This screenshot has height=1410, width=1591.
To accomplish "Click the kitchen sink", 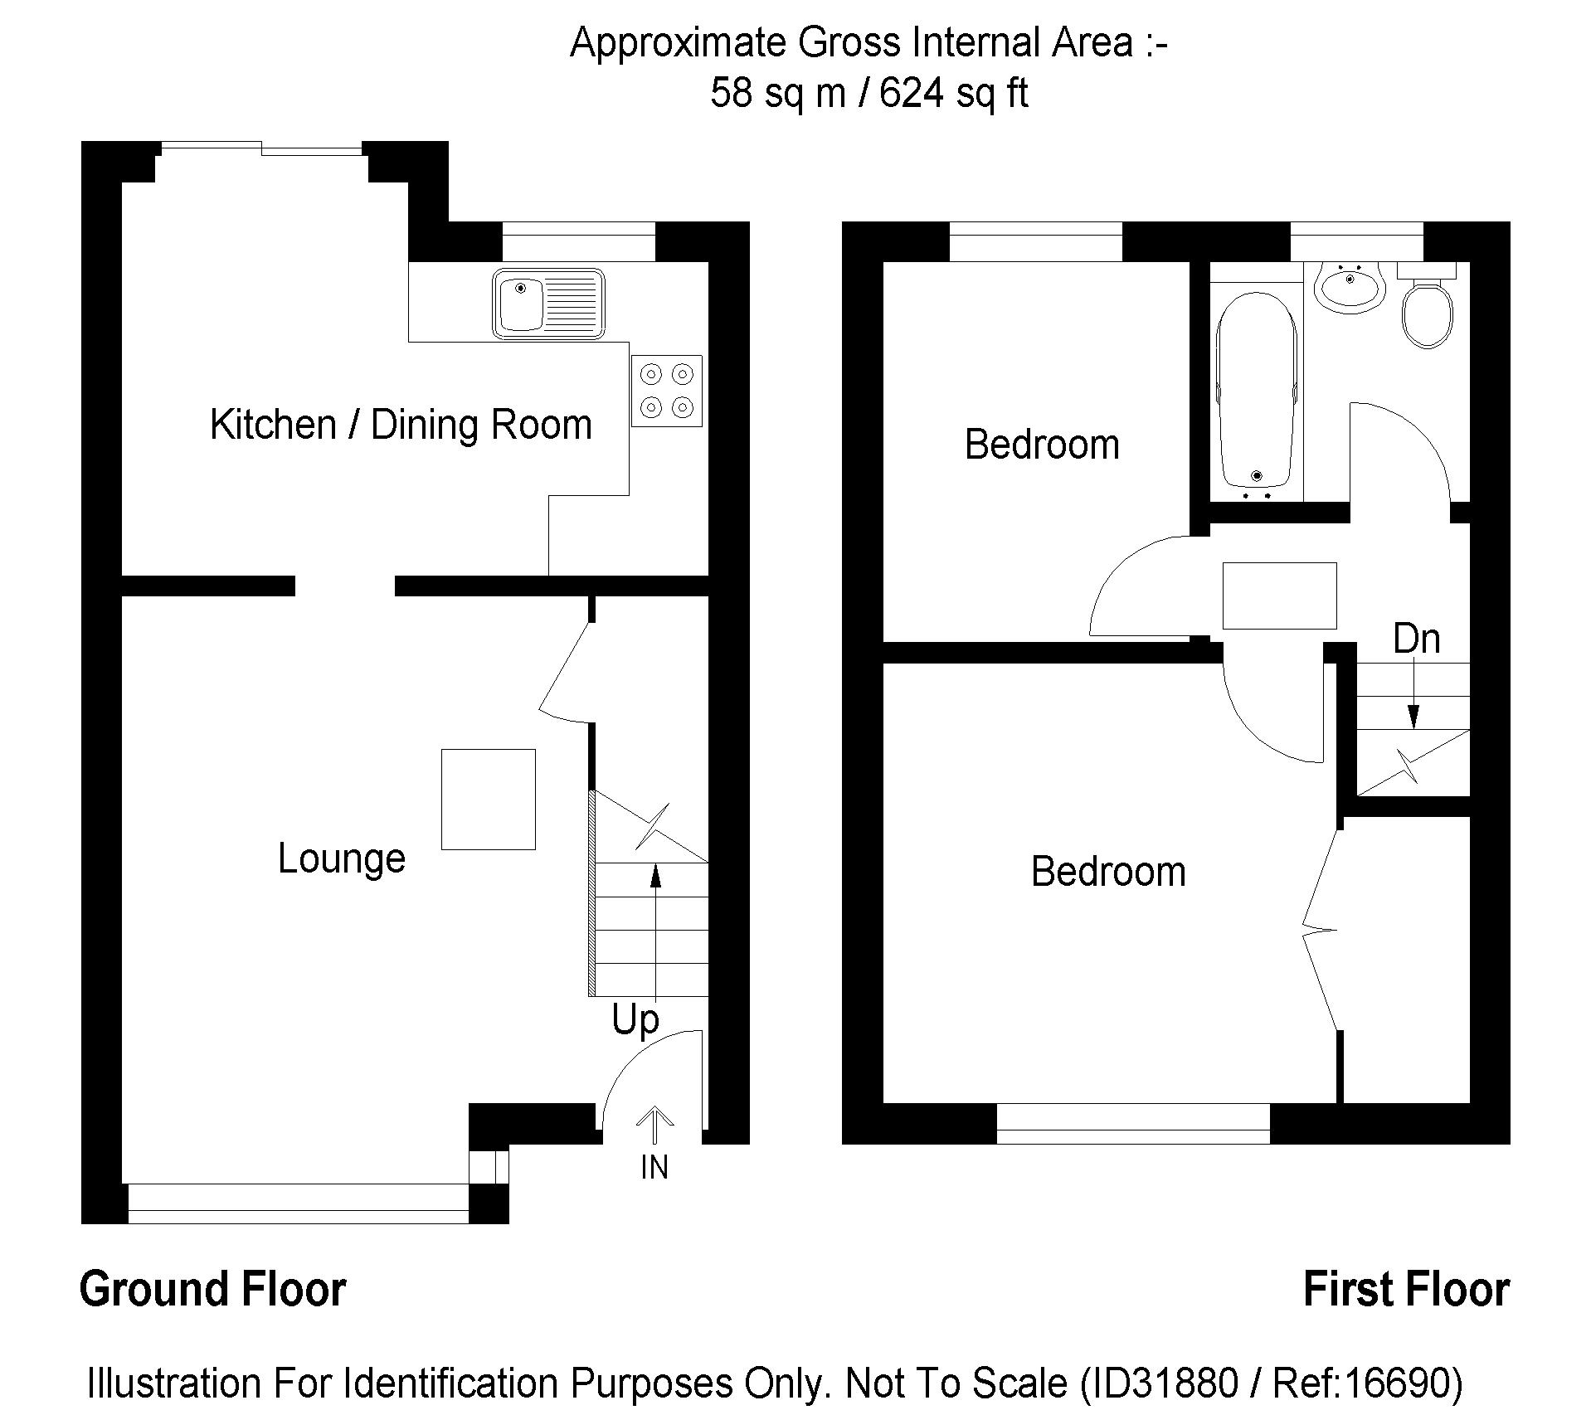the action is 548,304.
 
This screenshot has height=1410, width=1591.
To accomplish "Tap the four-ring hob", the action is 667,391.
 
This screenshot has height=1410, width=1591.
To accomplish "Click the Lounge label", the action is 342,859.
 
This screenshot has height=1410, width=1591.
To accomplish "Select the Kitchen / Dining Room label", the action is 401,425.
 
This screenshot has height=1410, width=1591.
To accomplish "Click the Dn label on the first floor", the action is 1417,639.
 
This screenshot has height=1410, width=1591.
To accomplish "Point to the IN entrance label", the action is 654,1168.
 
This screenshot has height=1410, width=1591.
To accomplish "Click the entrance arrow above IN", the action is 655,1126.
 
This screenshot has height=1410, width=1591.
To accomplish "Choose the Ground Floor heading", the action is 213,1290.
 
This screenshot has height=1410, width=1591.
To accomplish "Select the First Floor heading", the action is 1406,1290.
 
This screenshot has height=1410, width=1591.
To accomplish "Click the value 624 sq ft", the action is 954,92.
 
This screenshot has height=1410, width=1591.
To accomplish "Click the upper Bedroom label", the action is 1042,445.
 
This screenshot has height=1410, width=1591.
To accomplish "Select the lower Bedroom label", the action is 1108,872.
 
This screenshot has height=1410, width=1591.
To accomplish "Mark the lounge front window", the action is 299,1203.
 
